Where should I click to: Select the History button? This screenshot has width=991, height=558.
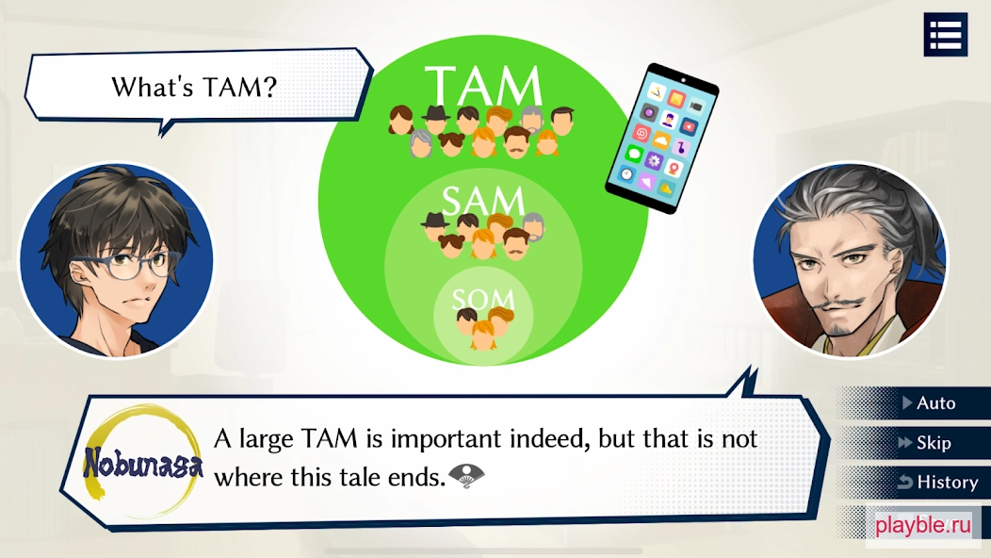[x=938, y=482]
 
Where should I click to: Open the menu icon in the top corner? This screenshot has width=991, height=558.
[x=946, y=34]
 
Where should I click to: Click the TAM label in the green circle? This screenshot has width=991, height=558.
[x=483, y=86]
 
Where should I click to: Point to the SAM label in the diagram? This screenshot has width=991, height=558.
[x=483, y=201]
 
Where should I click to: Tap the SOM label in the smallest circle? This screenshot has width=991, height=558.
[x=483, y=299]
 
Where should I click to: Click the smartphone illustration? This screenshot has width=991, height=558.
[x=661, y=138]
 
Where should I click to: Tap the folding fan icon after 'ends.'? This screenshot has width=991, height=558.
[x=465, y=476]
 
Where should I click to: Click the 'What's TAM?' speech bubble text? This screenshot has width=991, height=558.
[x=194, y=88]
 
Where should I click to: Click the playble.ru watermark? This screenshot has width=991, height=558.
[x=922, y=524]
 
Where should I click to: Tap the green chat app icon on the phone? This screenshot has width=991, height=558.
[x=634, y=154]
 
